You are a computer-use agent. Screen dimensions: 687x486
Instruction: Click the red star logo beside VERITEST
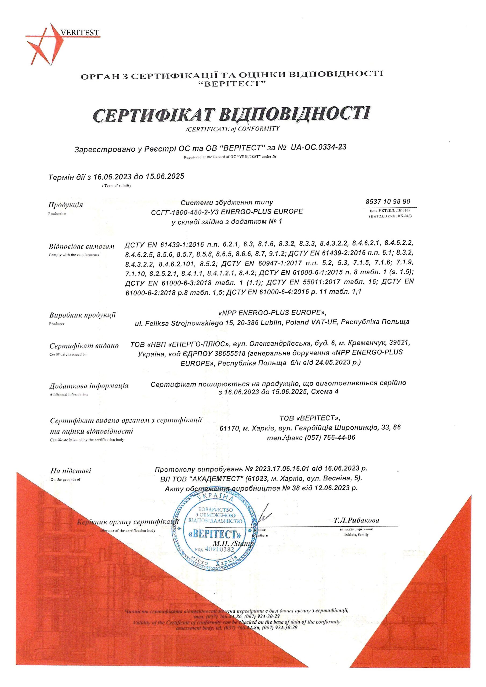tap(45, 45)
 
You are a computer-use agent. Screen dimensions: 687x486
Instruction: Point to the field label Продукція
tap(66, 205)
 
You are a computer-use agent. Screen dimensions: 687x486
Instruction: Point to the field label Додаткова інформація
tap(89, 386)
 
